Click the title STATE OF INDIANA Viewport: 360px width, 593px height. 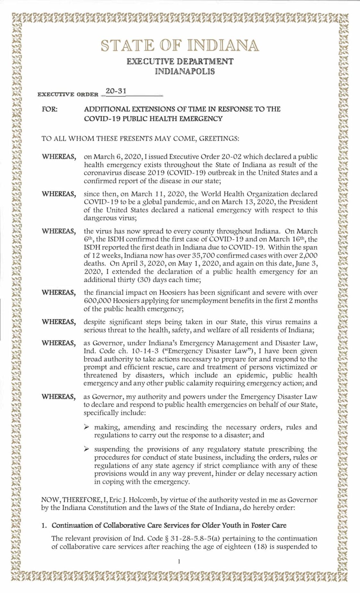pos(180,46)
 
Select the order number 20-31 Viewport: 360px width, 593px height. pos(116,91)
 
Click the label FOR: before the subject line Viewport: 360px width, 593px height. pos(50,109)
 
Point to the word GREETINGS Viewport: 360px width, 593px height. pos(219,139)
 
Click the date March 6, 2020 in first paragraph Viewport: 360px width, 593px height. pos(114,157)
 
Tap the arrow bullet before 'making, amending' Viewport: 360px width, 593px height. pos(86,427)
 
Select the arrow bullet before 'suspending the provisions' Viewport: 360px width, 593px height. pos(86,449)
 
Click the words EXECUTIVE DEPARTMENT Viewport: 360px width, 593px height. pos(180,62)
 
